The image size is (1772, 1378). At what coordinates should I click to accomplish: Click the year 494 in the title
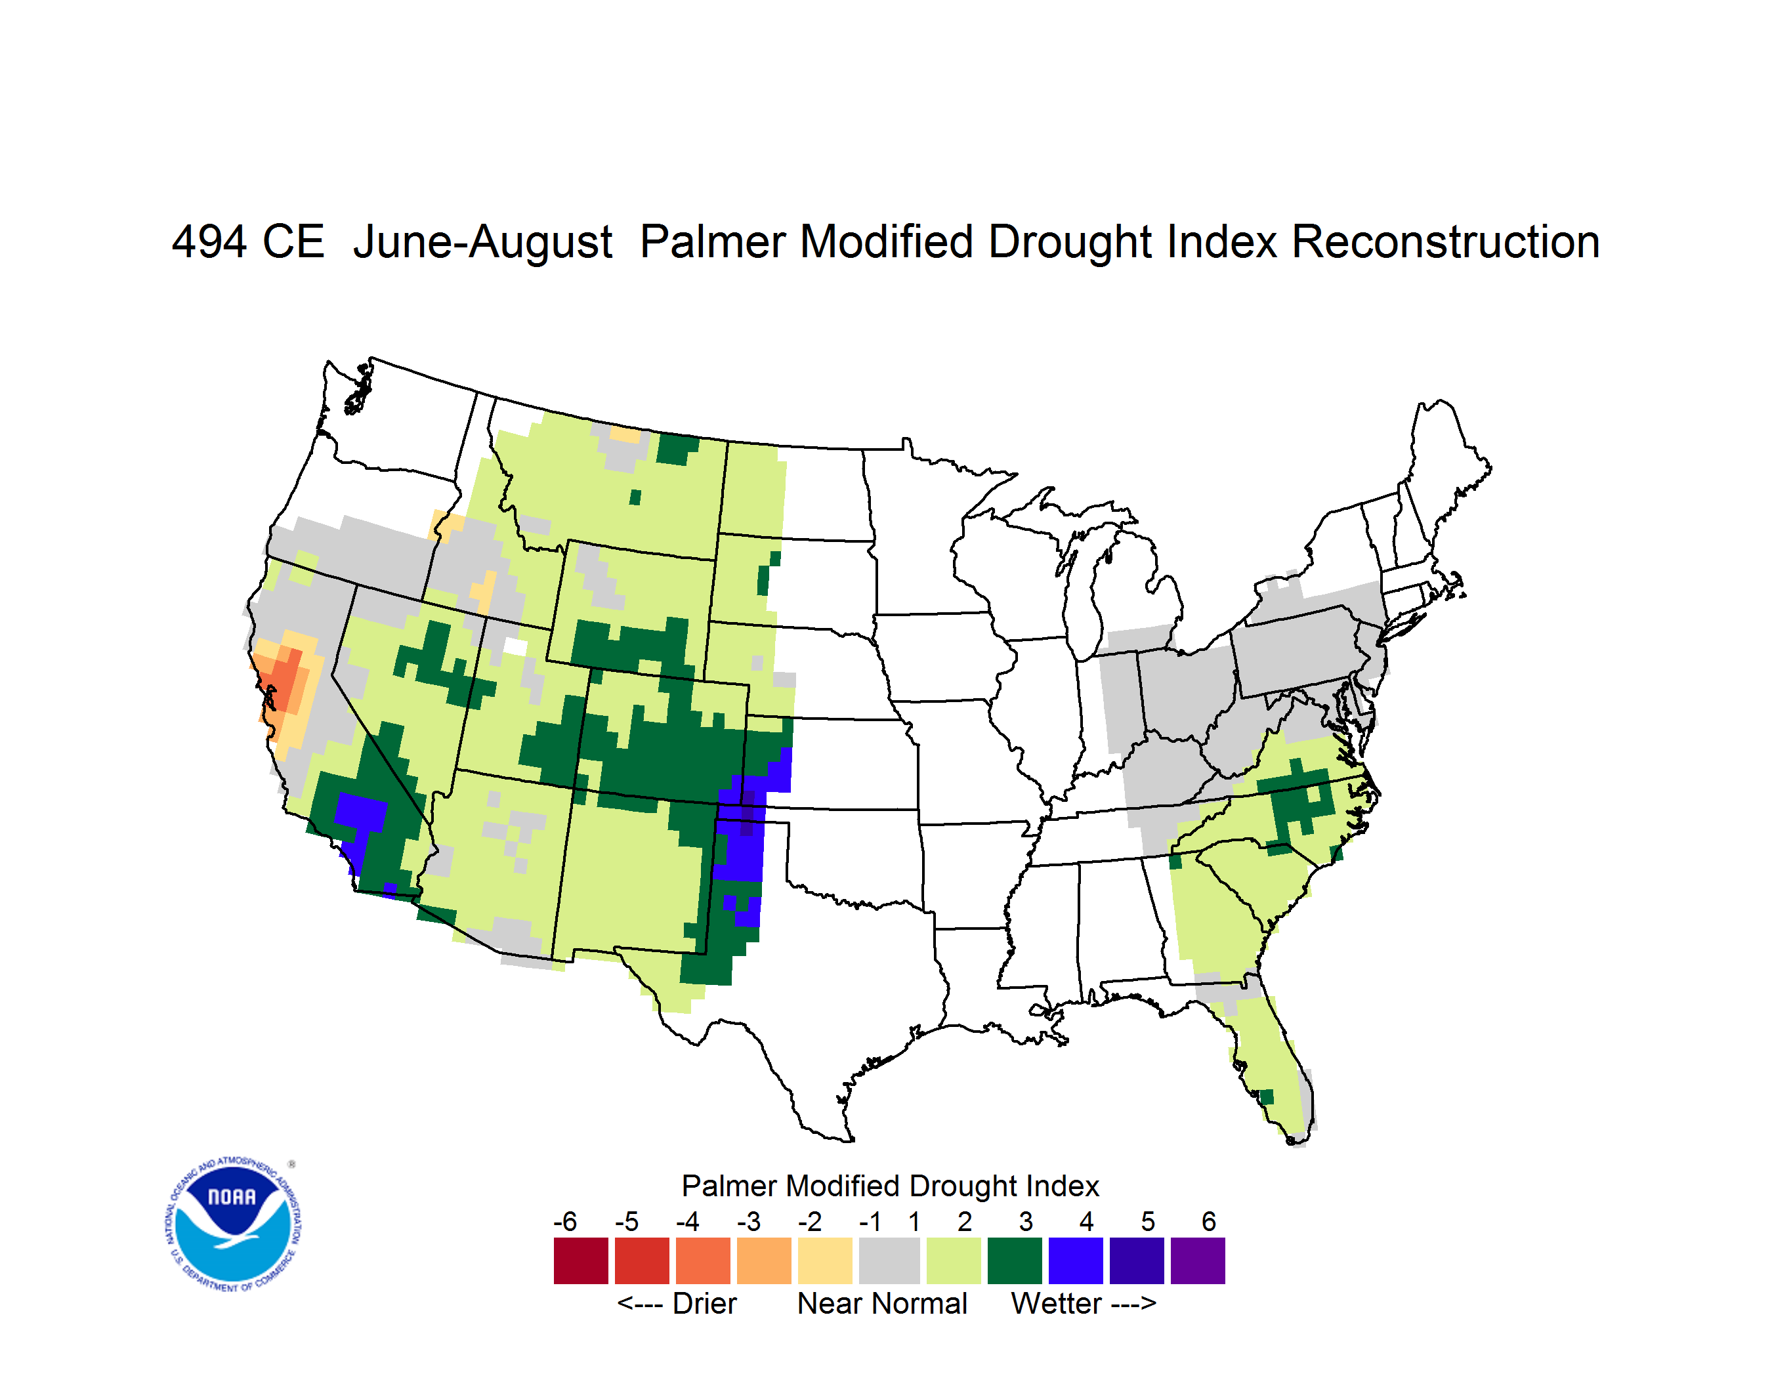[209, 241]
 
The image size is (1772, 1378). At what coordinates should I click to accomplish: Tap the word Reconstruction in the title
[1445, 241]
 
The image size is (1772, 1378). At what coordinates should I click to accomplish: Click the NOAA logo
[233, 1224]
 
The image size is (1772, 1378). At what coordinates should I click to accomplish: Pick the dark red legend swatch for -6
[581, 1261]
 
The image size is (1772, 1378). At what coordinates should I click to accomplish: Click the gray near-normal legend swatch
[889, 1261]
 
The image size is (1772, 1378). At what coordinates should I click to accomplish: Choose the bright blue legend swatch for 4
[1076, 1261]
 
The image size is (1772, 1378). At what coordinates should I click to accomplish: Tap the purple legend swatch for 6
[1198, 1261]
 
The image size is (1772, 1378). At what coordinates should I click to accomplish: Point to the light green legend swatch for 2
[954, 1261]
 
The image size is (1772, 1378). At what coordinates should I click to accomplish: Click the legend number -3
[749, 1221]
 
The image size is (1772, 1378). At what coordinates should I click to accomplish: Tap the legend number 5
[1148, 1221]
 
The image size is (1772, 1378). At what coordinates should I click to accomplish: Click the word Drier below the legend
[704, 1303]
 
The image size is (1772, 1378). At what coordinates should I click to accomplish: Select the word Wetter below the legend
[1057, 1303]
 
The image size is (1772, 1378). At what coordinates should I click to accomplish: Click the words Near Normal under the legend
[882, 1303]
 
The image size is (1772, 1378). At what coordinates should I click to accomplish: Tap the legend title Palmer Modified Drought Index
[890, 1186]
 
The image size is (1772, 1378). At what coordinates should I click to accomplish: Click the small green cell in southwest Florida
[1267, 1097]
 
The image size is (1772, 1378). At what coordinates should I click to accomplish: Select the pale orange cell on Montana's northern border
[625, 435]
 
